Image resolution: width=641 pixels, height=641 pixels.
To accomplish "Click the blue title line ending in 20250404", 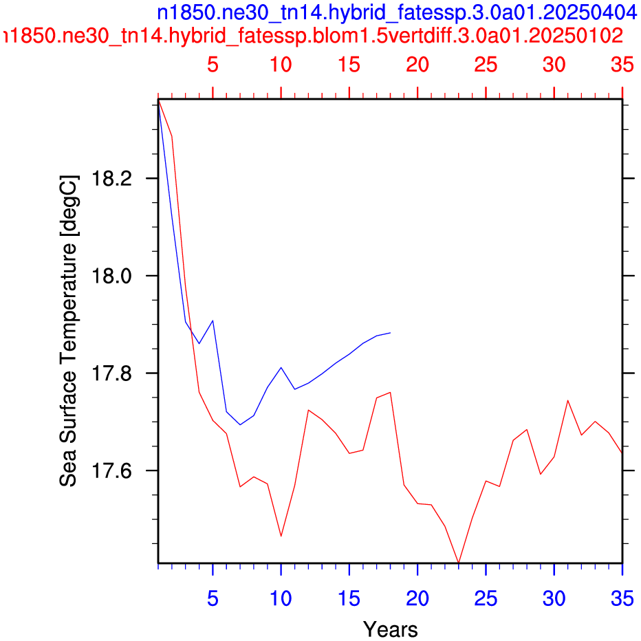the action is pos(398,12).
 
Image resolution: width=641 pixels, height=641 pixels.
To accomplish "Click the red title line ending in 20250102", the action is pos(313,36).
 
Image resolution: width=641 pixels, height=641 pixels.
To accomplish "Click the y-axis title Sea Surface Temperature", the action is pos(68,331).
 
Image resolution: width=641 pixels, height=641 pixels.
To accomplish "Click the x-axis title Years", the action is pos(391,629).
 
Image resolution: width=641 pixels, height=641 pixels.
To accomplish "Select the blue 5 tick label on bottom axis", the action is pos(213,599).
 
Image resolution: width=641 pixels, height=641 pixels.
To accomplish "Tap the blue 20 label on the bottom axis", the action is pos(417,599).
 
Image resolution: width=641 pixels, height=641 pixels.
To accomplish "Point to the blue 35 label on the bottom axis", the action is pos(622,599).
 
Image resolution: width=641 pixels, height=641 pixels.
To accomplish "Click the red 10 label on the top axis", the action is pos(281,65).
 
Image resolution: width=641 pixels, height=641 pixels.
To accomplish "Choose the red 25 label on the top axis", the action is pos(486,65).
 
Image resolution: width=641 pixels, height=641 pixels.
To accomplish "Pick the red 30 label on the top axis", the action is pos(554,65).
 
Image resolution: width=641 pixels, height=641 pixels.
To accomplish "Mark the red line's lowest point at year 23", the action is pos(459,563).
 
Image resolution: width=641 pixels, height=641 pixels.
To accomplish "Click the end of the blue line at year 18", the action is pos(391,333).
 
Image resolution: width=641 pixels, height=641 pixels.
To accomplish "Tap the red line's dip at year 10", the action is pos(281,536).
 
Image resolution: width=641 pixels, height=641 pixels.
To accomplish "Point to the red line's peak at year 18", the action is pos(391,393).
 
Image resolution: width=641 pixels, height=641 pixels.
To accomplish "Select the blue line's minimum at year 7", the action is pos(240,425).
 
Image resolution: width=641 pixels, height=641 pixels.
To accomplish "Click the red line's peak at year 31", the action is pos(568,400).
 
